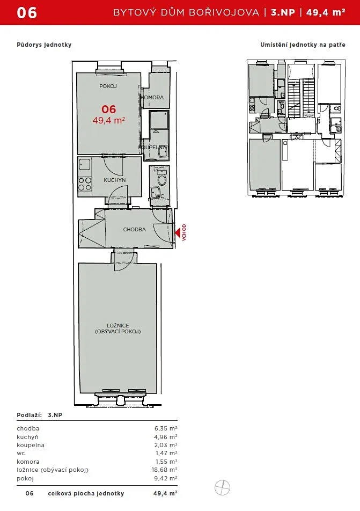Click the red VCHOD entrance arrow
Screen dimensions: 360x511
coord(178,233)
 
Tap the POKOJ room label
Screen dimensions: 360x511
coord(108,86)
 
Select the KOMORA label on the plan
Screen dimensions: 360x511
coord(152,98)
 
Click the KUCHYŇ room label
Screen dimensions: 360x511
coord(115,180)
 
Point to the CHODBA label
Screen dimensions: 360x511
coord(134,229)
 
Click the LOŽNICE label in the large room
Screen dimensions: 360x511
coord(118,325)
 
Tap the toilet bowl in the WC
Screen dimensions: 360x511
coord(161,179)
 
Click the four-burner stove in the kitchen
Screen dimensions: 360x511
coord(85,184)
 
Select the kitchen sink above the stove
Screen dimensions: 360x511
coord(85,165)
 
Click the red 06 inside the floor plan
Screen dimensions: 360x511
coord(108,109)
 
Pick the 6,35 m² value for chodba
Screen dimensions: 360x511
coord(166,428)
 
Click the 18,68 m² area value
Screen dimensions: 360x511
coord(165,470)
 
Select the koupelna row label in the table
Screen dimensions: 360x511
coord(31,445)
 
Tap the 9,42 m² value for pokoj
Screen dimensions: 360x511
coord(165,478)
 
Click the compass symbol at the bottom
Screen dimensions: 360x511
coord(223,488)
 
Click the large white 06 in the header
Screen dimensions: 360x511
coord(27,13)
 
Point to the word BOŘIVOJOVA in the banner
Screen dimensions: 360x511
coord(224,12)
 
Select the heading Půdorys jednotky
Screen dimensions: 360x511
coord(44,45)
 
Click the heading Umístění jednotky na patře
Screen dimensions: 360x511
coord(303,45)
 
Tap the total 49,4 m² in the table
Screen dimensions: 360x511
coord(165,493)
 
